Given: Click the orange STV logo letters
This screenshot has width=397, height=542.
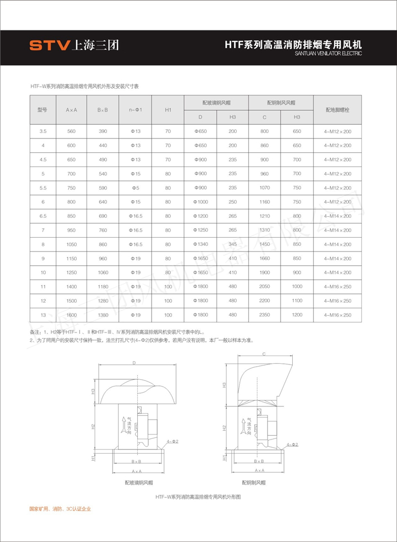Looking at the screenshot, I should click(x=49, y=45).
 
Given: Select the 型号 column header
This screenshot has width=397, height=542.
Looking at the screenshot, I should click(x=42, y=110).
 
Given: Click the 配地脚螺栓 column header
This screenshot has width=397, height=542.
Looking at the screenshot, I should click(x=337, y=110).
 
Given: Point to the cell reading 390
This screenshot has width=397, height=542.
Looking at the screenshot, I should click(x=103, y=131).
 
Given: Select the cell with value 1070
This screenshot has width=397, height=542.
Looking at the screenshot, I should click(x=265, y=188).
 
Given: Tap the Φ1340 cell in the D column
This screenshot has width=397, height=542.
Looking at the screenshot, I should click(x=201, y=244).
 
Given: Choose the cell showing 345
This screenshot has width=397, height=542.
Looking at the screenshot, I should click(x=233, y=244).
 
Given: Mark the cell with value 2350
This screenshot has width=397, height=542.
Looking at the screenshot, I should click(x=265, y=315).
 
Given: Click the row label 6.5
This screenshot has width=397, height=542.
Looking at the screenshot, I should click(x=42, y=216).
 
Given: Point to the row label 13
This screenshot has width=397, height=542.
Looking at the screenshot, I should click(x=42, y=315).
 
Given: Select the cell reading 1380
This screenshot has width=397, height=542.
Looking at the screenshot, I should click(x=103, y=315).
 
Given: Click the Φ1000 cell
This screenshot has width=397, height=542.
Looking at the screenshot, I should click(x=201, y=202).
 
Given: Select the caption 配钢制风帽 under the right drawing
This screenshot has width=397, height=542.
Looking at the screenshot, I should click(x=254, y=482).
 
